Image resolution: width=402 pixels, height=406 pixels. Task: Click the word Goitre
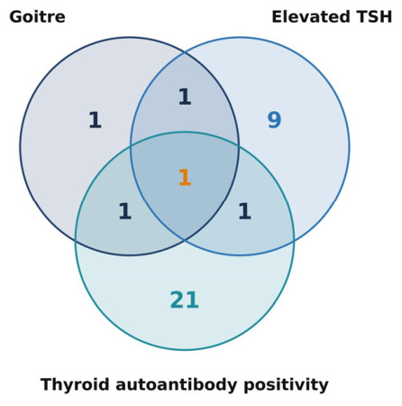[37, 17]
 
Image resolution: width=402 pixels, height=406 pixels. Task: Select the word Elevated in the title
[311, 17]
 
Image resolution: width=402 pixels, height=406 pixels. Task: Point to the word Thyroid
[75, 384]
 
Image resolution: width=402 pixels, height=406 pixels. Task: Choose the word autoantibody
[177, 384]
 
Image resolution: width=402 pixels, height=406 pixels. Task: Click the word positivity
[286, 384]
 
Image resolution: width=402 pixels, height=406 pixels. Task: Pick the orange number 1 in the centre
[185, 177]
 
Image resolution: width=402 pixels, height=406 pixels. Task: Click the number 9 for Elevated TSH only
[274, 120]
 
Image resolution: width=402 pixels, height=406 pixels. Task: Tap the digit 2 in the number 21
[177, 300]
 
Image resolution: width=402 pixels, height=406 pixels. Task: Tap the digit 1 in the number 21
[192, 300]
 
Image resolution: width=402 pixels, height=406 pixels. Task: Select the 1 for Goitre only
[95, 120]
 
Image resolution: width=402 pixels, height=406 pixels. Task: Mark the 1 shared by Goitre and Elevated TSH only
[185, 97]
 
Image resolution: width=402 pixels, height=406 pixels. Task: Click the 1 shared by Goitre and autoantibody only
[125, 211]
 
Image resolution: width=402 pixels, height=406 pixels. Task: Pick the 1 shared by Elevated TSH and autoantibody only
[244, 211]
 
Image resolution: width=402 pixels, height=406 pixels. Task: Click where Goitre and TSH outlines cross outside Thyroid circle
[185, 52]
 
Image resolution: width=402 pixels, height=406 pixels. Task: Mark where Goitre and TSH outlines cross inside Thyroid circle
[185, 240]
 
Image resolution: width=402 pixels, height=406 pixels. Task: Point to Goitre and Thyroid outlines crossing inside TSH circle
[239, 146]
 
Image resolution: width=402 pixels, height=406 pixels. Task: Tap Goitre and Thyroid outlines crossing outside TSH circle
[76, 241]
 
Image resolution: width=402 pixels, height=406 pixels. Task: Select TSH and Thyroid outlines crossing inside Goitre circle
[131, 146]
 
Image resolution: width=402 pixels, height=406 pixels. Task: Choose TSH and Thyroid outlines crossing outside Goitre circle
[294, 241]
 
